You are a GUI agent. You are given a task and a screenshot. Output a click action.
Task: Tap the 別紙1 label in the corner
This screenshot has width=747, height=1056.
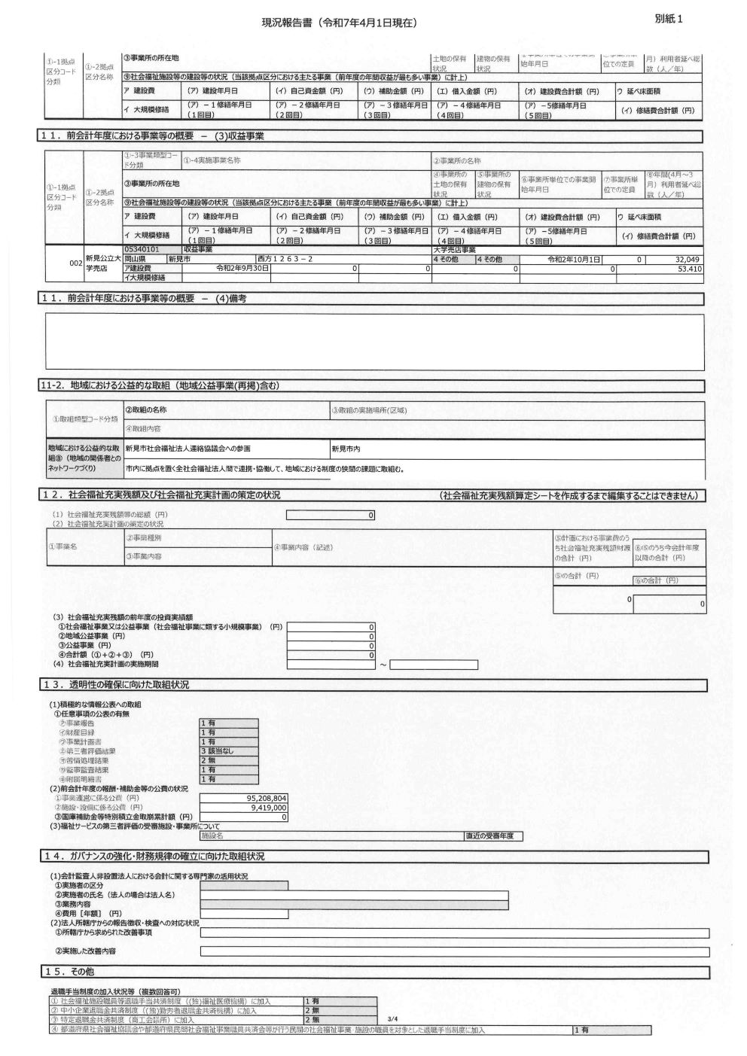click(x=669, y=20)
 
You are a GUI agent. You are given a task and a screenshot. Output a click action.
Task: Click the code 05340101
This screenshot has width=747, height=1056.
click(x=142, y=249)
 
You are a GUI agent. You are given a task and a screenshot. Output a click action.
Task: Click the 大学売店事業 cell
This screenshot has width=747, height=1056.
click(x=455, y=249)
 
